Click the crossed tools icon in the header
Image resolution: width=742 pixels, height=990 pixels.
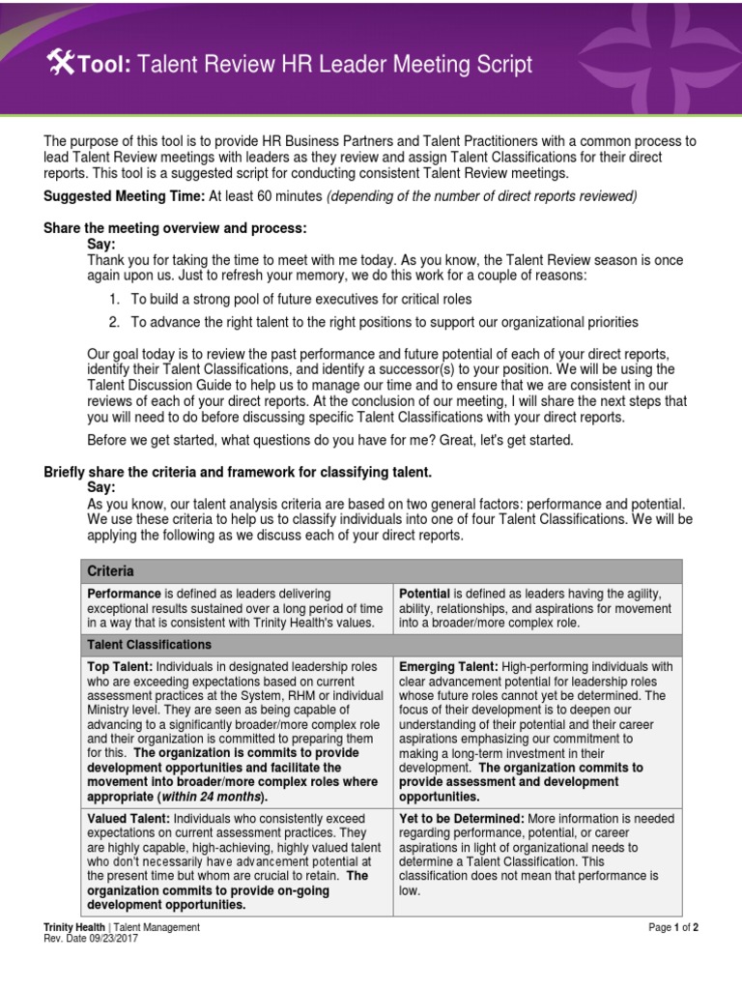(60, 64)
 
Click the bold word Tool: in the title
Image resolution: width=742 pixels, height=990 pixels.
(102, 65)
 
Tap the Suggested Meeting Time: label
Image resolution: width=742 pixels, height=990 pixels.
(123, 196)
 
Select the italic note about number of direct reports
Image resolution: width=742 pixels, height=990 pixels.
(481, 196)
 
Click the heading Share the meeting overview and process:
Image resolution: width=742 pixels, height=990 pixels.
(175, 228)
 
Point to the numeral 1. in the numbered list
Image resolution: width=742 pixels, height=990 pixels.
(114, 300)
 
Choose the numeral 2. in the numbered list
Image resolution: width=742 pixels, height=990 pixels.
(114, 322)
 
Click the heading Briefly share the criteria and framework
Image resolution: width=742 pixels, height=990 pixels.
(238, 472)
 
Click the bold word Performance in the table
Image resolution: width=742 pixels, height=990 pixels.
(124, 593)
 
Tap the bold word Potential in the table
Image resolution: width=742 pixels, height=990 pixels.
(424, 593)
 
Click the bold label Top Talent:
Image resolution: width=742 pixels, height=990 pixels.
(120, 667)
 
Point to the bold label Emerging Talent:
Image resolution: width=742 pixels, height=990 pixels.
(448, 667)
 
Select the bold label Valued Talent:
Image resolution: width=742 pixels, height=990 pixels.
(127, 819)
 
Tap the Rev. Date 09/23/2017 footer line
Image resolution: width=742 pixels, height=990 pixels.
(91, 938)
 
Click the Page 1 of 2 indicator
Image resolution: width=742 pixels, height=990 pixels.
(673, 927)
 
